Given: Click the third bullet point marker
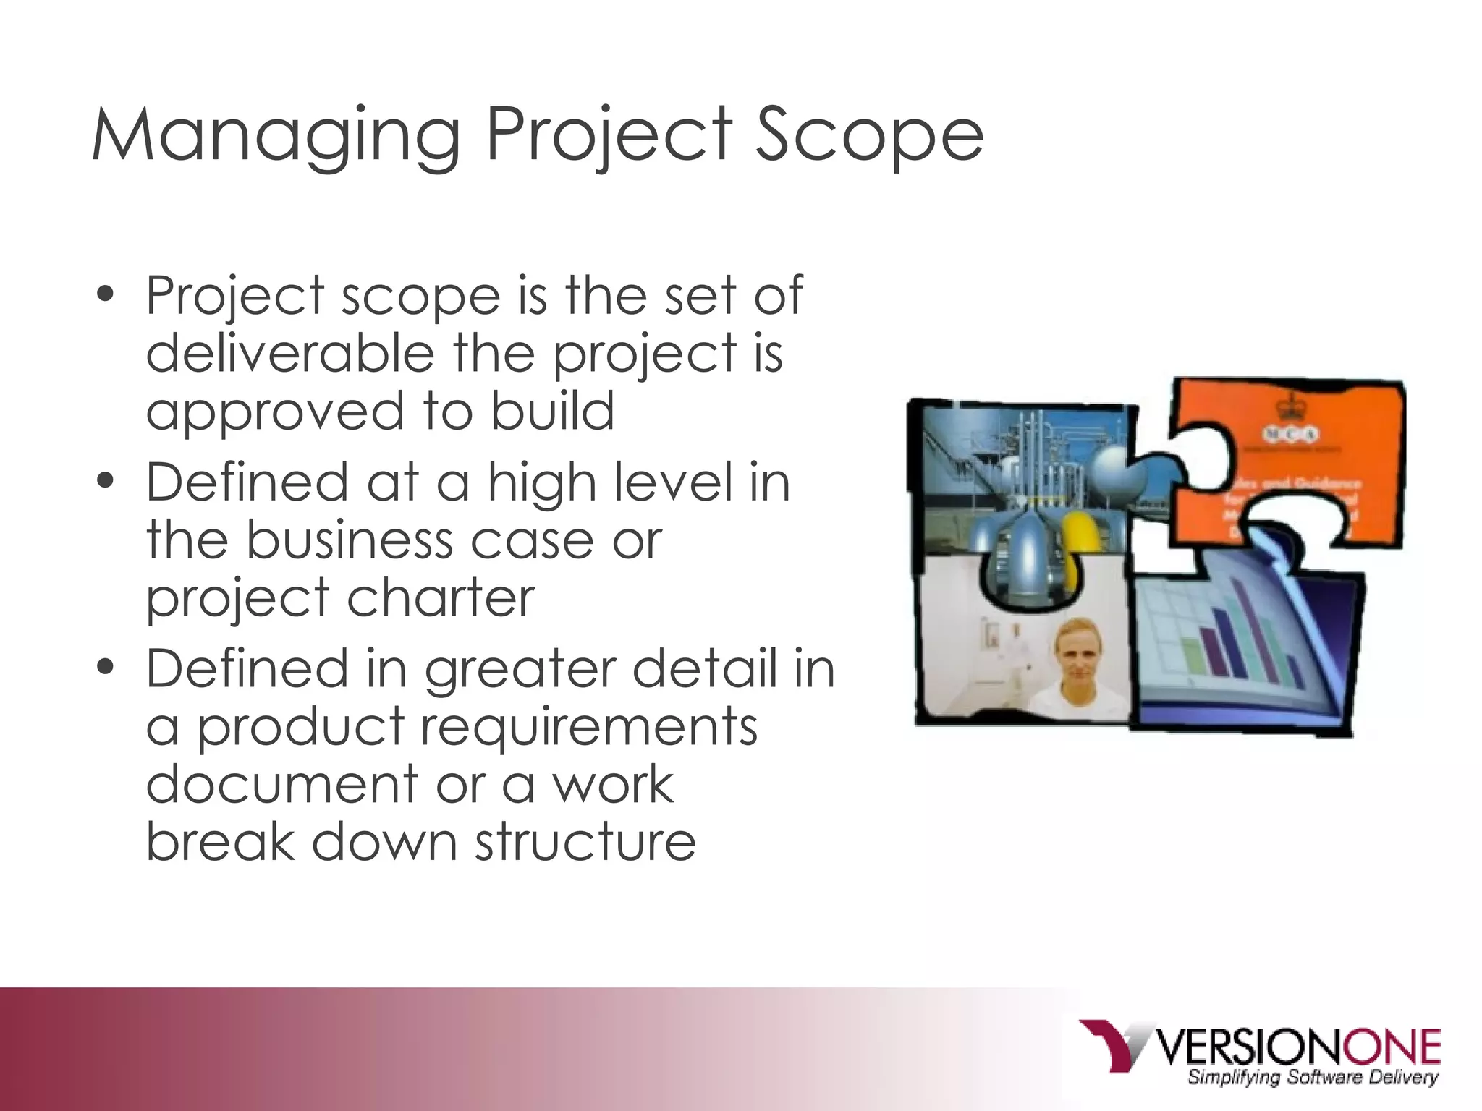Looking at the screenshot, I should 106,667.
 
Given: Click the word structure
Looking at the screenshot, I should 585,842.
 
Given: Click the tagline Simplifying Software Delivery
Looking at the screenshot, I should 1312,1078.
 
